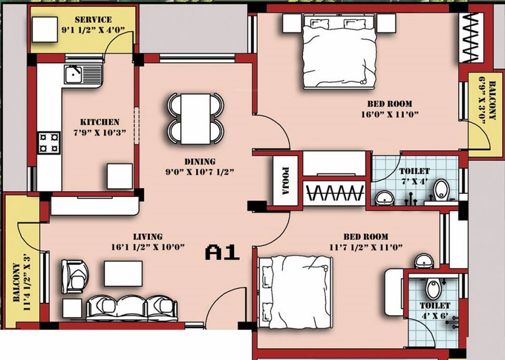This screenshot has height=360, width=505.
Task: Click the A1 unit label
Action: click(x=222, y=252)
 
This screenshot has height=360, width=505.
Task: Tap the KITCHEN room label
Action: click(x=99, y=122)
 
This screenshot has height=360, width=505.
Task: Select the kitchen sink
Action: click(x=82, y=73)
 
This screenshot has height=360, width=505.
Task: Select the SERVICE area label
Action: click(x=93, y=20)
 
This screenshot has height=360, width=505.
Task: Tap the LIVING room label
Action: click(x=148, y=237)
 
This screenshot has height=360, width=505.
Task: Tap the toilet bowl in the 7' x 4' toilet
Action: click(x=442, y=190)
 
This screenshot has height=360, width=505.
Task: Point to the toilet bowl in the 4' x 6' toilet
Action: click(x=433, y=288)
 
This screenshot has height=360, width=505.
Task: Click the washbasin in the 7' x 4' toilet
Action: click(x=384, y=197)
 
